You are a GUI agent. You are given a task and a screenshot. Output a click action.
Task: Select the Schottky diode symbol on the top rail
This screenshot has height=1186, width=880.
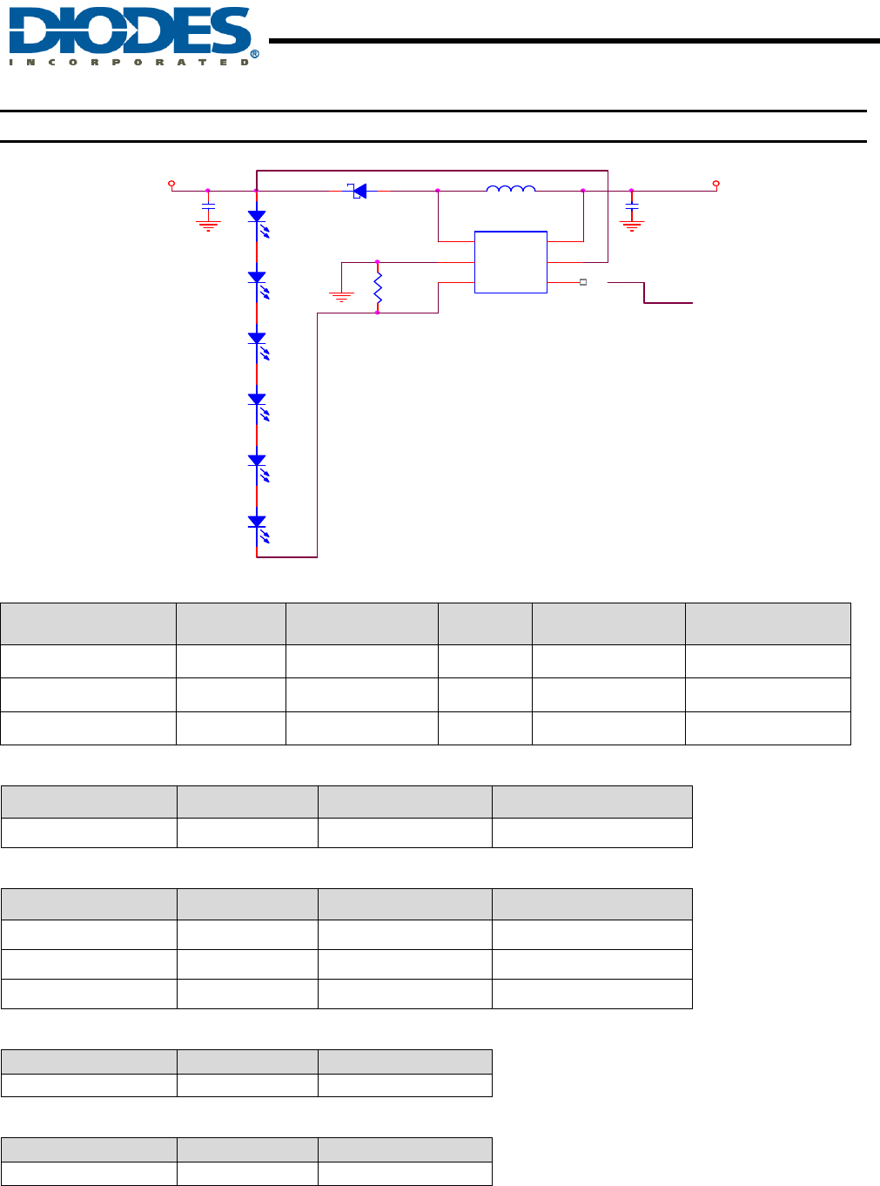[358, 191]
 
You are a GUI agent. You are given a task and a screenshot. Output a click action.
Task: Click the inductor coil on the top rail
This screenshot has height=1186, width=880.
[511, 188]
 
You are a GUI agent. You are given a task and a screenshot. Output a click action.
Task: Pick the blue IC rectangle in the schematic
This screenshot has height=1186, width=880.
[511, 262]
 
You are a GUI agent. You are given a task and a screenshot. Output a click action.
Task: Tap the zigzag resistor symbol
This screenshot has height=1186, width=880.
[378, 286]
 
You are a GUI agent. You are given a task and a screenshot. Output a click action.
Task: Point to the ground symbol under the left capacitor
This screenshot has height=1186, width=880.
[208, 225]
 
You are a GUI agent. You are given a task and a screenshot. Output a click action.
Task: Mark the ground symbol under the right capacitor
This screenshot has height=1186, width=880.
[632, 225]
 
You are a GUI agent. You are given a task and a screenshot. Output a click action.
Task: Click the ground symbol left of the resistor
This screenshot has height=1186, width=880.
[341, 296]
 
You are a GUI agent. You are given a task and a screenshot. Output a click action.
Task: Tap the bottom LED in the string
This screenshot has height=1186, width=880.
[258, 523]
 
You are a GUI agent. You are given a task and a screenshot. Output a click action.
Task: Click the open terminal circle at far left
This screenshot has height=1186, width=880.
[171, 184]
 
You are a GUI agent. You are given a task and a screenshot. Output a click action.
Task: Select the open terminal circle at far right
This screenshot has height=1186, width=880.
[716, 184]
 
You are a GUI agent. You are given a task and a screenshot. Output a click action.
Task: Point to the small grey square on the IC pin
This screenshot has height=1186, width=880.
[583, 282]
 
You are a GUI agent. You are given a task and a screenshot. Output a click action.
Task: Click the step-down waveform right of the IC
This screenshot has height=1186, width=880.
[648, 293]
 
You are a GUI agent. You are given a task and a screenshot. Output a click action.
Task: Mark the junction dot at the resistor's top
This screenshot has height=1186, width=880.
[377, 261]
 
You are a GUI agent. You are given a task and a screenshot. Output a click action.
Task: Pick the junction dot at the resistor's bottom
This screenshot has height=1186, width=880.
[377, 313]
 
